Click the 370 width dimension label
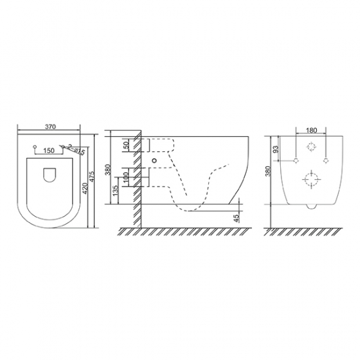click(50, 126)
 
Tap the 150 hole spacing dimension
click(49, 151)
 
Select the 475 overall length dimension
click(92, 177)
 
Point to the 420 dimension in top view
click(85, 189)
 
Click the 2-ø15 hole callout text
click(76, 149)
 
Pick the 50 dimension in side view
click(126, 145)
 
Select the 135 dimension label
click(115, 190)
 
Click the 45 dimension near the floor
click(237, 218)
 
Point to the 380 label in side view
click(108, 170)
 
